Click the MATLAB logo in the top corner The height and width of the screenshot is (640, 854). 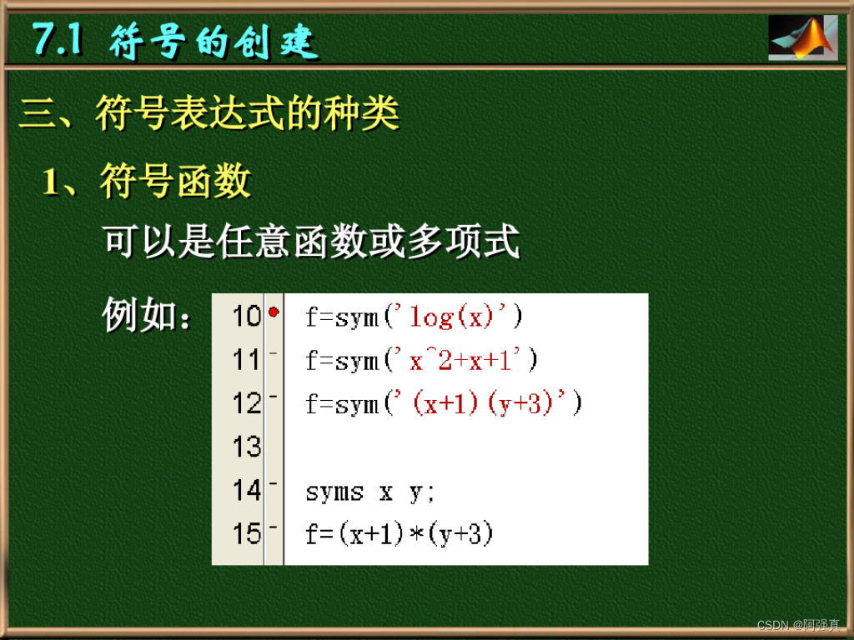802,37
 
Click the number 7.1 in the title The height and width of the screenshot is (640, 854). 57,40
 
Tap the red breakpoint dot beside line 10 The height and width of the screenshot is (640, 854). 274,312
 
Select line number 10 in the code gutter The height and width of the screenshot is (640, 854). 246,317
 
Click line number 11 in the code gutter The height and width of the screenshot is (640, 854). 246,361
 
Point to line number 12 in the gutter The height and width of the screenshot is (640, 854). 246,404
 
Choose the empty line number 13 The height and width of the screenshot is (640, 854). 246,447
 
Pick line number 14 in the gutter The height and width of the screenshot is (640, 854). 246,491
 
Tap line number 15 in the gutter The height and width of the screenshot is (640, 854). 246,534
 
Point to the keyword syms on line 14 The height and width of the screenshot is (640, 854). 334,492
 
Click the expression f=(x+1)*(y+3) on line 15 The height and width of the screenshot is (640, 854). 399,534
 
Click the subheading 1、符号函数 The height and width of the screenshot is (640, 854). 147,181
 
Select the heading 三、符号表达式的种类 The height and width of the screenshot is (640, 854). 209,114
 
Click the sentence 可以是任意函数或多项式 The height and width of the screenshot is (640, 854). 311,242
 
